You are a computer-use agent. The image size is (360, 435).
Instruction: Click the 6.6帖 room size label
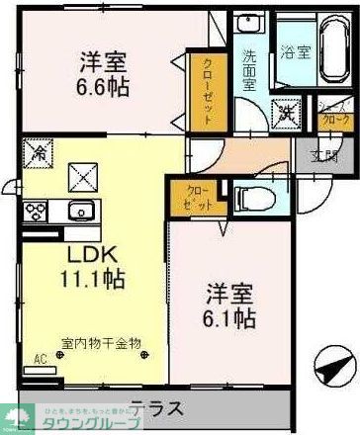click(105, 85)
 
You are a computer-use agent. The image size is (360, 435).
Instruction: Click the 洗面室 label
click(247, 72)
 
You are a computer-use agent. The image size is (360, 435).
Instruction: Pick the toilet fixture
click(255, 198)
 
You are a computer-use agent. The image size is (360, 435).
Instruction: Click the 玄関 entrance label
click(322, 155)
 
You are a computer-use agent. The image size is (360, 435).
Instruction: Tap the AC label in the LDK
click(40, 360)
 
